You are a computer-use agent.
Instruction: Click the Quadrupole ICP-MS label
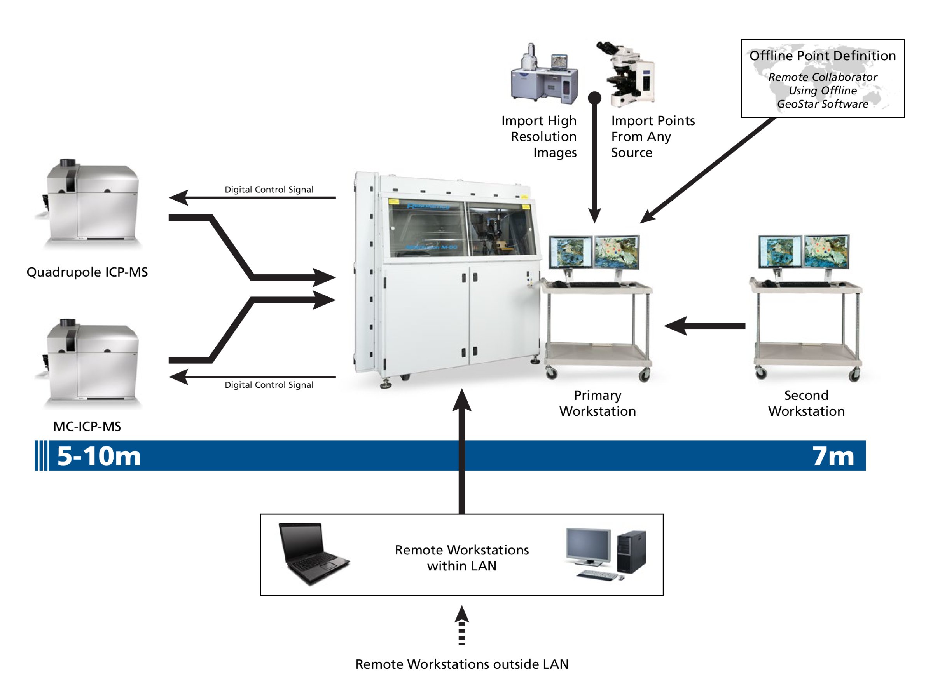coord(87,272)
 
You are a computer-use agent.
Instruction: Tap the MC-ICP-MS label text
coord(87,426)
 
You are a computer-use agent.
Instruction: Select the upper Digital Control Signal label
coord(269,189)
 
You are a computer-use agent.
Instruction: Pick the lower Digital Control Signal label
coord(269,385)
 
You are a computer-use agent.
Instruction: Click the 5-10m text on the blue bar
coord(99,456)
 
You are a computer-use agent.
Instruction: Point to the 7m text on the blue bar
coord(833,456)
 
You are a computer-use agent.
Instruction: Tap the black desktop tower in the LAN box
coord(631,551)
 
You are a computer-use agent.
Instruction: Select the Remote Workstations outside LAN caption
coord(461,664)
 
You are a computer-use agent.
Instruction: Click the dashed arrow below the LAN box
coord(461,626)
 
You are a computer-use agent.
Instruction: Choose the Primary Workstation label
coord(598,403)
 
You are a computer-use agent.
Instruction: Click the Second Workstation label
coord(806,403)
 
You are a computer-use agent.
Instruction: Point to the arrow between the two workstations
coord(704,326)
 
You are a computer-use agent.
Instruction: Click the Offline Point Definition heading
coord(822,56)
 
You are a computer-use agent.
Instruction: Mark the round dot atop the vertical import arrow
coord(594,98)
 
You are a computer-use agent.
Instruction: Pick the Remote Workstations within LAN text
coord(461,558)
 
